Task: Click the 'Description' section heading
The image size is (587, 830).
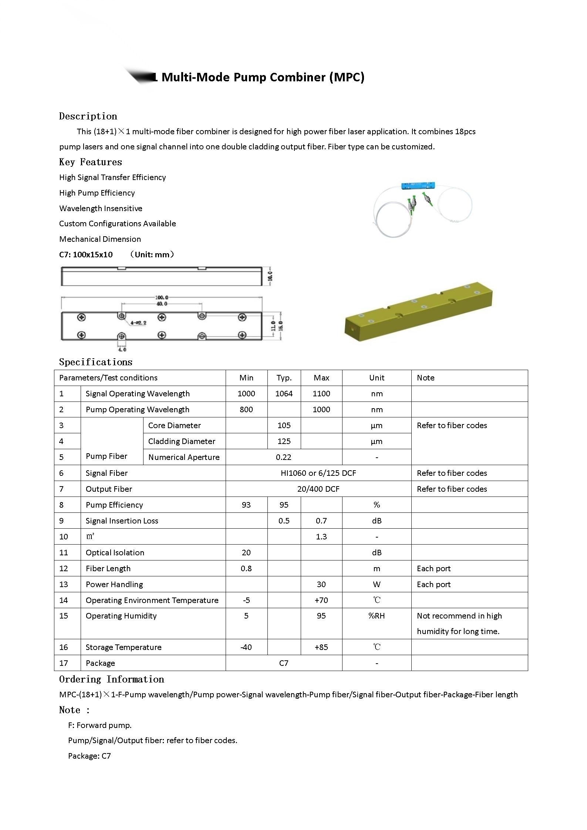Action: (x=88, y=116)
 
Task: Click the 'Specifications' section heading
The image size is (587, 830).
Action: (x=95, y=362)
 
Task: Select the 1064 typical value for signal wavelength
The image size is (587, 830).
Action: (x=284, y=394)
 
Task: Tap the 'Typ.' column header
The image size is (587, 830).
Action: (x=284, y=378)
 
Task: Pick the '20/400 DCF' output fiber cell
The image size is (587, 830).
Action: (x=318, y=489)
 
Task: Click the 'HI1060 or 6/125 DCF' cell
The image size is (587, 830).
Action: (x=318, y=473)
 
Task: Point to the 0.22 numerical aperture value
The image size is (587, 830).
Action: (x=283, y=457)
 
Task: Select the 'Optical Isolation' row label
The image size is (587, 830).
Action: (x=115, y=553)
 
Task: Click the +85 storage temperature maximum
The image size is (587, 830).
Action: (x=321, y=647)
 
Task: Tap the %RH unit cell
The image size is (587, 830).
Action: (x=377, y=616)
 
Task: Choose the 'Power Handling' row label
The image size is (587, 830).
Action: (x=114, y=585)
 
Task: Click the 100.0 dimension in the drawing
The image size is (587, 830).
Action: (x=162, y=297)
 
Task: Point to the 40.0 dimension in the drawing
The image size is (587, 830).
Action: (x=162, y=304)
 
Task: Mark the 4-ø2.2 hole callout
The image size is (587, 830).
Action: (x=139, y=323)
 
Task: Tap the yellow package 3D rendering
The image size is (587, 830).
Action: (x=418, y=312)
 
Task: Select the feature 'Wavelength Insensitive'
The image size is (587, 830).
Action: (x=101, y=209)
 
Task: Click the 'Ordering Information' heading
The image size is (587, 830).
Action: (x=111, y=680)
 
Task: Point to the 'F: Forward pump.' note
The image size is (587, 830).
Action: (x=100, y=725)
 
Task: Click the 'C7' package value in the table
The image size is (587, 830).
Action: (x=283, y=663)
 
